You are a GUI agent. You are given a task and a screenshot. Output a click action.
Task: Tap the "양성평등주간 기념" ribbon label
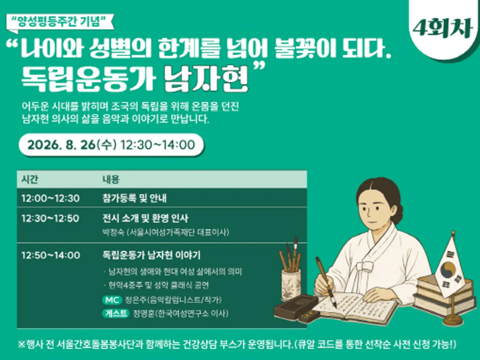pyautogui.click(x=60, y=22)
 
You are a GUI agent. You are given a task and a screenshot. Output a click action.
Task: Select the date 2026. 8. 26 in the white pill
pyautogui.click(x=62, y=145)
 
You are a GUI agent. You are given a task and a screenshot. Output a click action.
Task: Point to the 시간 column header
pyautogui.click(x=30, y=179)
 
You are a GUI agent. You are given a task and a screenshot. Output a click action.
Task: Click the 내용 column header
pyautogui.click(x=111, y=179)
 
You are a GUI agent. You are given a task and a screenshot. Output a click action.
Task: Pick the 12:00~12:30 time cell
pyautogui.click(x=50, y=198)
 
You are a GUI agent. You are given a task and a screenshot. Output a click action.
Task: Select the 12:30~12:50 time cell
pyautogui.click(x=50, y=218)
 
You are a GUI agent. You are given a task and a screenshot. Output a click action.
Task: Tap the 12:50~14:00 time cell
pyautogui.click(x=51, y=255)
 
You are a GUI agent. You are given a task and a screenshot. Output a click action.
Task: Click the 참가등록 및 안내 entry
pyautogui.click(x=134, y=198)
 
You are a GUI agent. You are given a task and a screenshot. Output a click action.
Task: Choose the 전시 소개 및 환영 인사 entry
pyautogui.click(x=145, y=218)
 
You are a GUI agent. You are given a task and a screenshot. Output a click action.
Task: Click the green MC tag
pyautogui.click(x=112, y=300)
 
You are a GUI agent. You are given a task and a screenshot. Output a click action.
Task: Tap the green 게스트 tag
pyautogui.click(x=116, y=314)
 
